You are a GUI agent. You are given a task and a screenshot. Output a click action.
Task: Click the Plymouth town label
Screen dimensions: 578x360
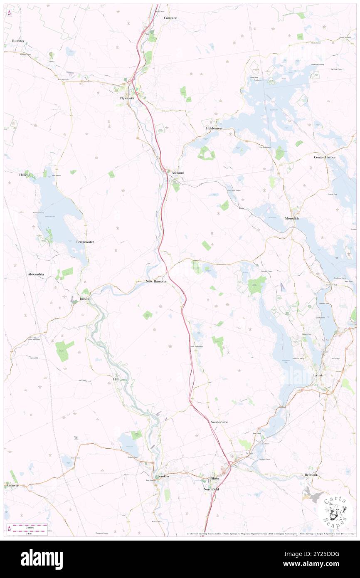point(127,98)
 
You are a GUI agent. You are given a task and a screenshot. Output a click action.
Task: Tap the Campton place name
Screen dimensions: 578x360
point(170,18)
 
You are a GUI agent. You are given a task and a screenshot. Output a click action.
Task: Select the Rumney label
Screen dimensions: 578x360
point(19,41)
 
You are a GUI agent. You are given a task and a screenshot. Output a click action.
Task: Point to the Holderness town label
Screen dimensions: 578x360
point(214,128)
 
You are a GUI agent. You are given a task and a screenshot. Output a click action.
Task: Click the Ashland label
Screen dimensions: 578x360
point(178,173)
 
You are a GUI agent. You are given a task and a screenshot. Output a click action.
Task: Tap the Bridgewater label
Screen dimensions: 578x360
point(85,242)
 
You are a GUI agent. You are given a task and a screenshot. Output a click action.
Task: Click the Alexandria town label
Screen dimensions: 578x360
point(36,275)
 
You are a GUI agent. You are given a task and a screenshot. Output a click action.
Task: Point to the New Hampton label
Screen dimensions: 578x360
point(157,282)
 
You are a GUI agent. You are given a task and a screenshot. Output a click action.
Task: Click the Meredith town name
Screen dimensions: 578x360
point(292,219)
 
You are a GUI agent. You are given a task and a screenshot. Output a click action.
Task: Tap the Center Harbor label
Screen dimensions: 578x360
point(325,157)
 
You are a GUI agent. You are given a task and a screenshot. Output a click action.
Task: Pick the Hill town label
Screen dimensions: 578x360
point(116,379)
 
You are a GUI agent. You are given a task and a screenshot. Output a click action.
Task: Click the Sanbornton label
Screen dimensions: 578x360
point(219,422)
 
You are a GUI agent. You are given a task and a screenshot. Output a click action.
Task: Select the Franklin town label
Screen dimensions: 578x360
point(163,476)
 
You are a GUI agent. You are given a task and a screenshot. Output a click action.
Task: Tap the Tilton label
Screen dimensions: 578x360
point(214,479)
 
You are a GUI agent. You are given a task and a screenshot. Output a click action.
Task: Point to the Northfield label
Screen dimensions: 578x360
point(211,489)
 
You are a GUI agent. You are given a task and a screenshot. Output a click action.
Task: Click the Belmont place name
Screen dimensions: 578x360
point(311,475)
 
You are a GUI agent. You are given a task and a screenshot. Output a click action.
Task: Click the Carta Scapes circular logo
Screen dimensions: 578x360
point(335,511)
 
